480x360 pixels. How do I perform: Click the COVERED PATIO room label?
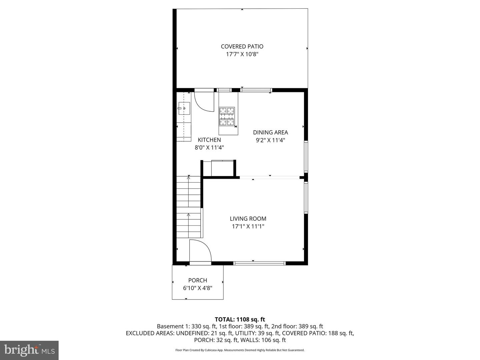[x=242, y=47]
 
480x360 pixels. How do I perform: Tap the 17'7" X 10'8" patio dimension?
[x=242, y=54]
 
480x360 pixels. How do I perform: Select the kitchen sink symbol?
[x=184, y=108]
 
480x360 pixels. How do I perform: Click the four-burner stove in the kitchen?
[x=227, y=116]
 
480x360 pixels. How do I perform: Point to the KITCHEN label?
[x=209, y=140]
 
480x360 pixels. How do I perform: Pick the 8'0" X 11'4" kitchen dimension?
[x=209, y=148]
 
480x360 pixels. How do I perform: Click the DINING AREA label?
[x=270, y=132]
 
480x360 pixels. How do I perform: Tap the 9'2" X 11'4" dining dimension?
[x=270, y=140]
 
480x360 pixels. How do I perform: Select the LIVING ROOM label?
[x=248, y=219]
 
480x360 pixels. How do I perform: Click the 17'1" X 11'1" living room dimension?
[x=248, y=227]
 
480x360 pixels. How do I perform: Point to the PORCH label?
[x=198, y=280]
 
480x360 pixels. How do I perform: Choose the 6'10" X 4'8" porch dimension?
[x=198, y=288]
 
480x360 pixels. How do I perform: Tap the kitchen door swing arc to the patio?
[x=204, y=101]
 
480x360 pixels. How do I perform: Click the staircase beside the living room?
[x=189, y=207]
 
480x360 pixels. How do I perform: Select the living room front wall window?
[x=260, y=263]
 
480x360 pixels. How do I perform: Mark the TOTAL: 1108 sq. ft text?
[x=240, y=319]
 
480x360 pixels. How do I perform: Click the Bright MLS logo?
[x=29, y=350]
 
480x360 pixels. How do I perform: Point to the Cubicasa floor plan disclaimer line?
[x=240, y=350]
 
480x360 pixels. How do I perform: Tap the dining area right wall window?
[x=306, y=157]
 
